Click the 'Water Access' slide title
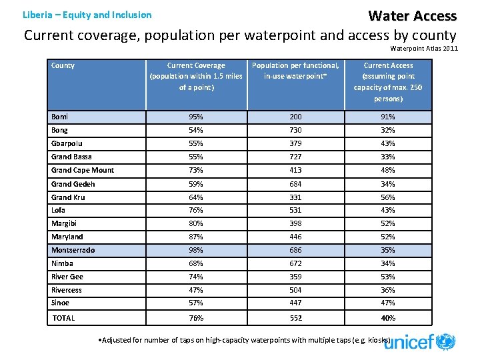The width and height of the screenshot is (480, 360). click(x=412, y=15)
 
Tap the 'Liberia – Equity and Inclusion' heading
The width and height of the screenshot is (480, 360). click(x=87, y=15)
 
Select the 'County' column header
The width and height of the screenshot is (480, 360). click(x=63, y=65)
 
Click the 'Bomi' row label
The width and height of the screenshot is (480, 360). click(x=60, y=117)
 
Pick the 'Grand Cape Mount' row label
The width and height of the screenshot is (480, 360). click(x=83, y=170)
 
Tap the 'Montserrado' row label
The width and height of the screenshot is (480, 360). click(x=73, y=250)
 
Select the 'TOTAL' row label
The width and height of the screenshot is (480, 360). click(x=64, y=318)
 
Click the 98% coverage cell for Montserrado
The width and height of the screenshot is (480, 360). click(x=196, y=250)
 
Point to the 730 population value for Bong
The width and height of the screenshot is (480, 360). click(x=295, y=130)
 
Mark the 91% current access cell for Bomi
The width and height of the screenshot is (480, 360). click(x=388, y=117)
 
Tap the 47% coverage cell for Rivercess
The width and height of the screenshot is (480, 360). click(x=196, y=290)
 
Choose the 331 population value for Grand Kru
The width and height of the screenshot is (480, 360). click(x=295, y=197)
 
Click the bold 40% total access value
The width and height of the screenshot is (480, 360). click(x=388, y=318)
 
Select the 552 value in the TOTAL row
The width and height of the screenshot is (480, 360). click(x=295, y=318)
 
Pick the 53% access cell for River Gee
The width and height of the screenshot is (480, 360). click(x=388, y=277)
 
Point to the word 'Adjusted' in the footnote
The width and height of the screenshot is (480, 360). click(x=118, y=340)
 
